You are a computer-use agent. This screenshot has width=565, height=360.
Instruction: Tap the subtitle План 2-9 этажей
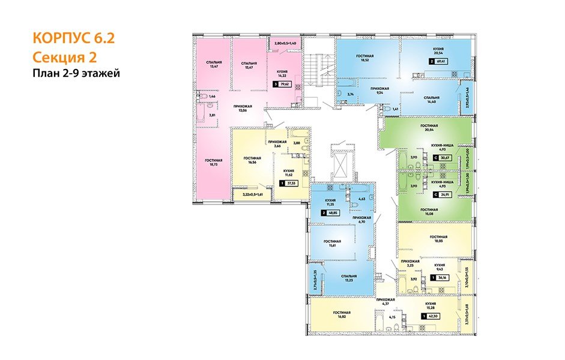coord(76,74)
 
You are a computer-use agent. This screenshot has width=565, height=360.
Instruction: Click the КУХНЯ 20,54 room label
coord(438,52)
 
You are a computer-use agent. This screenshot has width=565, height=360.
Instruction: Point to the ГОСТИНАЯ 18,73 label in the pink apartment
coord(214,163)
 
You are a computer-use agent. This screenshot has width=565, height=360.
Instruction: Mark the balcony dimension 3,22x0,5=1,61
coord(253,194)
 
